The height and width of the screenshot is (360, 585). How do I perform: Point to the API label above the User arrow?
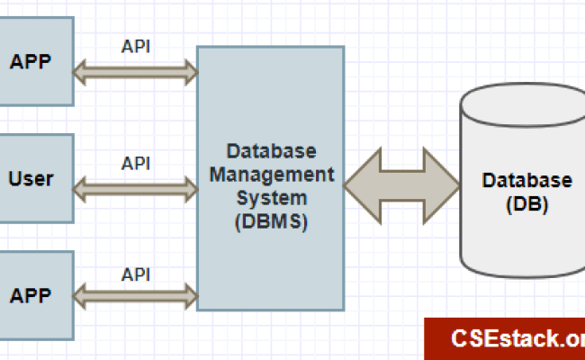[135, 163]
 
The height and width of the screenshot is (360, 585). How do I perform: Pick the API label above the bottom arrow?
[135, 274]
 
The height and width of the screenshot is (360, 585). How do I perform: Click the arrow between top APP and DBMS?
[135, 72]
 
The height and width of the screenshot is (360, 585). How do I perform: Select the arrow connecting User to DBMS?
[135, 187]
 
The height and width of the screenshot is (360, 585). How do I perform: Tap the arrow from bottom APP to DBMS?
[135, 294]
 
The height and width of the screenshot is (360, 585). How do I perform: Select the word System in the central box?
[270, 196]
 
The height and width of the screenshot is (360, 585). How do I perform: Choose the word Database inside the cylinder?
[526, 180]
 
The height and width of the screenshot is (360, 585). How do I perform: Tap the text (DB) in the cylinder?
[526, 203]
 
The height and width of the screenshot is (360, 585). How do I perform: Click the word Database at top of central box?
[271, 148]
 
